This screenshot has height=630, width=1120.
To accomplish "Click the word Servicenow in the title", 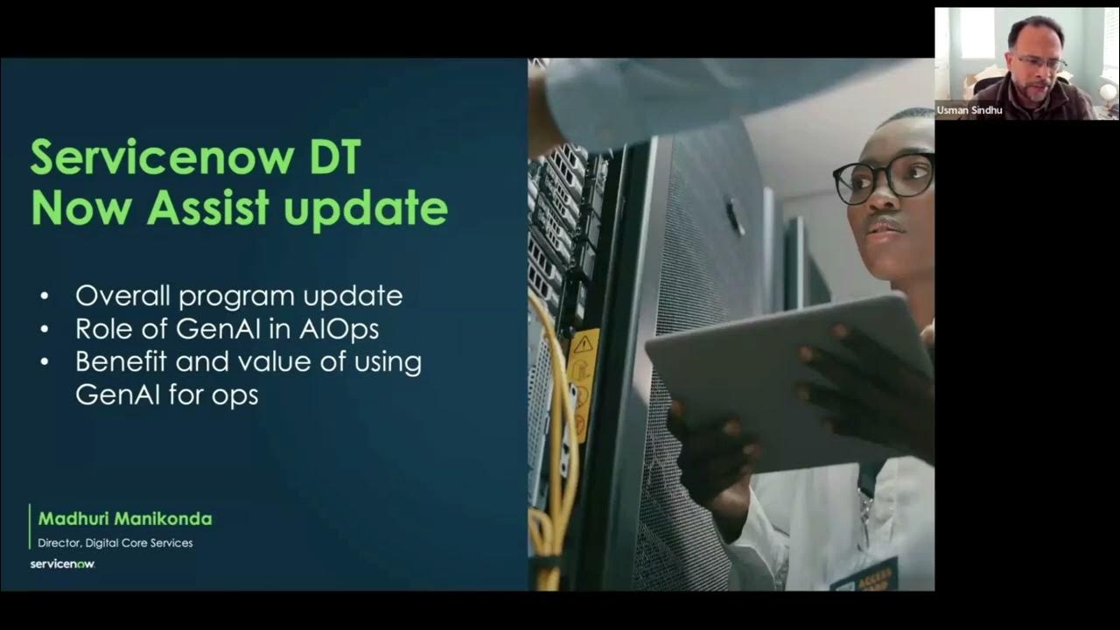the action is [x=163, y=157].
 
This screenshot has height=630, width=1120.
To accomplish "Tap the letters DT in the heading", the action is [x=335, y=157].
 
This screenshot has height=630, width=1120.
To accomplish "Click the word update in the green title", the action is [x=366, y=209].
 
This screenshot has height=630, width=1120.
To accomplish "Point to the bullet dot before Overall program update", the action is [x=45, y=296].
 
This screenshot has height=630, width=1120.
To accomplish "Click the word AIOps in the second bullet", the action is [x=339, y=330].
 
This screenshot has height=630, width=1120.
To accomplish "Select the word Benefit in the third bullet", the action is [x=121, y=361].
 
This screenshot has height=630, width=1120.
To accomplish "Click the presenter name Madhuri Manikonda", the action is [x=125, y=519].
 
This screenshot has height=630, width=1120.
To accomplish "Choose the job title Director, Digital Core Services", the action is [x=115, y=542].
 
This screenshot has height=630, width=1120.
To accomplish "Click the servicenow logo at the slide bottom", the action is [x=62, y=564].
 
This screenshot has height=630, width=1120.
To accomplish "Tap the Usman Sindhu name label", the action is [x=969, y=110].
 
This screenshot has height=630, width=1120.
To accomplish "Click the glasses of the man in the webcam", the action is [x=1041, y=63].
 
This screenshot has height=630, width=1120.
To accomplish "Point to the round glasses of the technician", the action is [x=883, y=178].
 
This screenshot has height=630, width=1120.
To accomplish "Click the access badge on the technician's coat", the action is [x=864, y=575].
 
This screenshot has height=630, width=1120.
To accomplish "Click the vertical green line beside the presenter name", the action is [x=30, y=527].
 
